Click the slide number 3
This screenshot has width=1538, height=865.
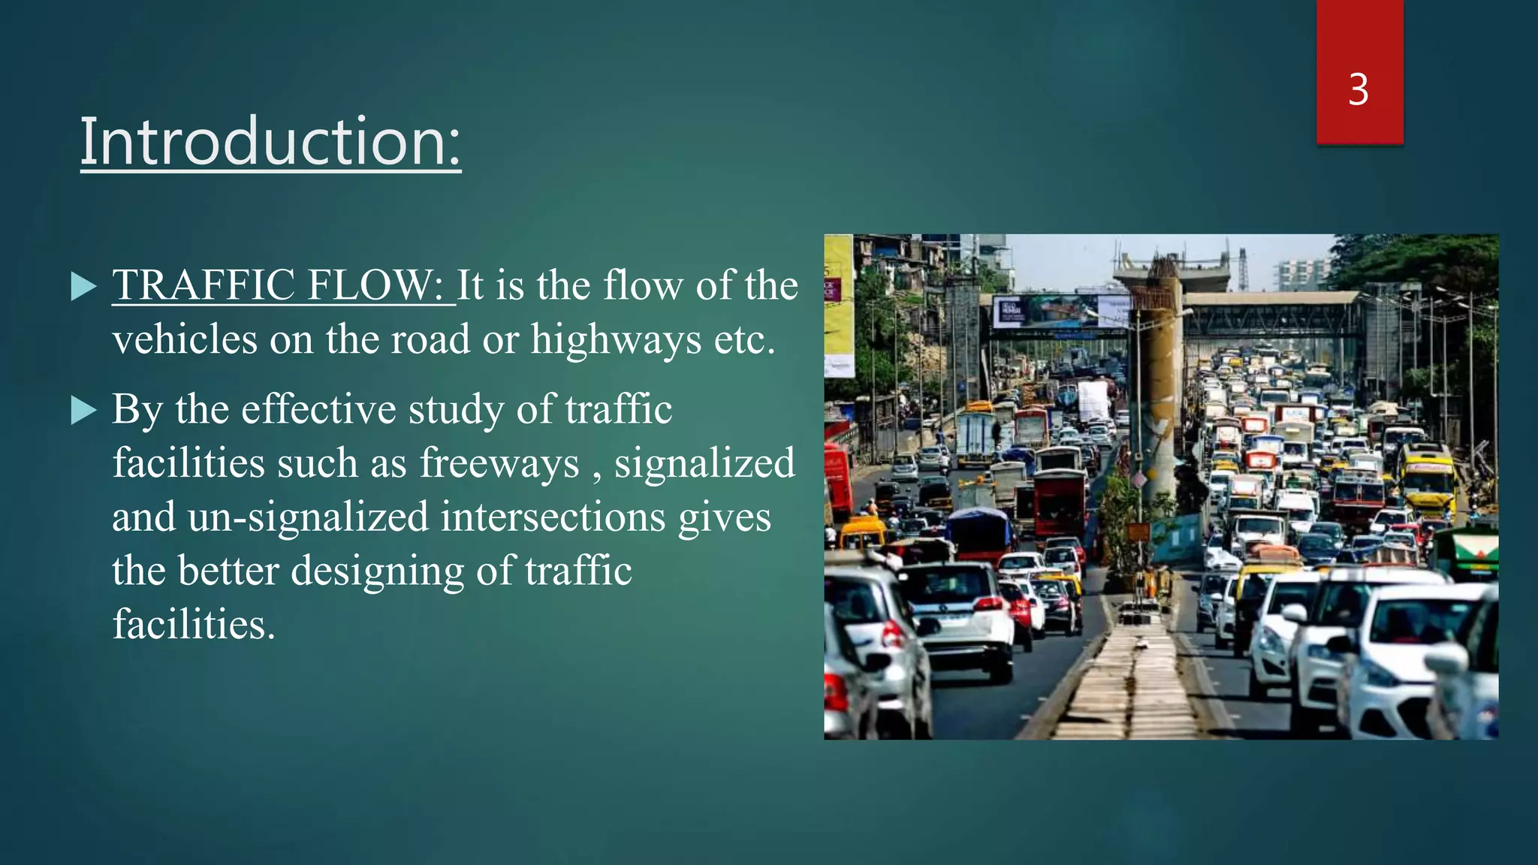tap(1359, 90)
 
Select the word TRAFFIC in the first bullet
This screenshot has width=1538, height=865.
tap(204, 285)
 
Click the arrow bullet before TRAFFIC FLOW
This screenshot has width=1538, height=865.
tap(83, 286)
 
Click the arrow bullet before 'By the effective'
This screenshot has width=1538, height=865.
tap(83, 410)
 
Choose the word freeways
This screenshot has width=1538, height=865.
tap(499, 463)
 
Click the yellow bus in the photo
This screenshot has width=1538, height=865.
tap(1427, 476)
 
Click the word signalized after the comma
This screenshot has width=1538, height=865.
tap(704, 463)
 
